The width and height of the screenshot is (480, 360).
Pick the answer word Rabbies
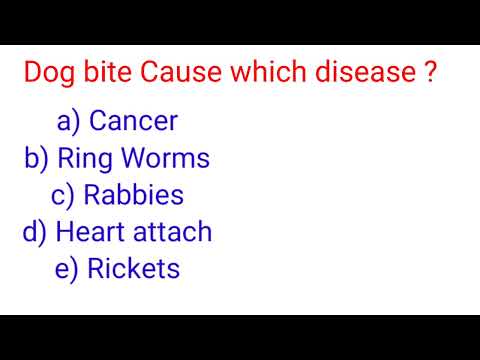[133, 196]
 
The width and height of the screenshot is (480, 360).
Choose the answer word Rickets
[133, 269]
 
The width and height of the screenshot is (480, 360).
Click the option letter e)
[67, 270]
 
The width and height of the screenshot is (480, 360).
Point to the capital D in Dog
[32, 75]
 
